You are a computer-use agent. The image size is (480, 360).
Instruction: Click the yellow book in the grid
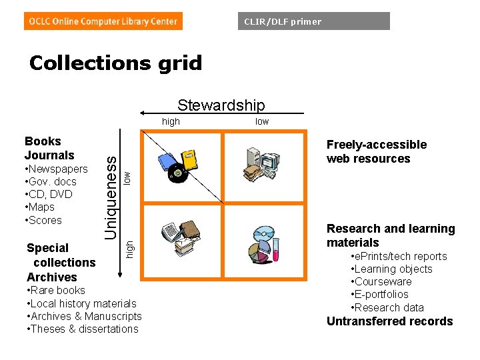pos(191,159)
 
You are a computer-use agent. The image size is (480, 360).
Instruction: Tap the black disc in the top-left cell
pos(176,174)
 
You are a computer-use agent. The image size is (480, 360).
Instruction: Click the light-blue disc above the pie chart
pos(261,235)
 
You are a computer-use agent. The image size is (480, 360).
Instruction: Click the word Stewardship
pos(221,105)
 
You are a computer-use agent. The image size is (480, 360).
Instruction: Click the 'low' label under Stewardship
pos(262,121)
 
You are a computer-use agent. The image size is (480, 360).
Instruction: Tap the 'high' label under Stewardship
pos(171,121)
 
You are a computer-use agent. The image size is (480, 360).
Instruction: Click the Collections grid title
pos(115,63)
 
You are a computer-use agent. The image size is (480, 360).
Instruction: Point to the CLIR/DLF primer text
pos(283,21)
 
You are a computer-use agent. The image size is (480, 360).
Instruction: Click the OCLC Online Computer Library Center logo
pos(103,21)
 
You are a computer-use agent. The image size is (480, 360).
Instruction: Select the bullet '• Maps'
pos(42,207)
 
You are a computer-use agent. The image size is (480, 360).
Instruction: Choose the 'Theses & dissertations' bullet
pos(83,329)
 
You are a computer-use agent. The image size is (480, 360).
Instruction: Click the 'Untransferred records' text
pos(389,321)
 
